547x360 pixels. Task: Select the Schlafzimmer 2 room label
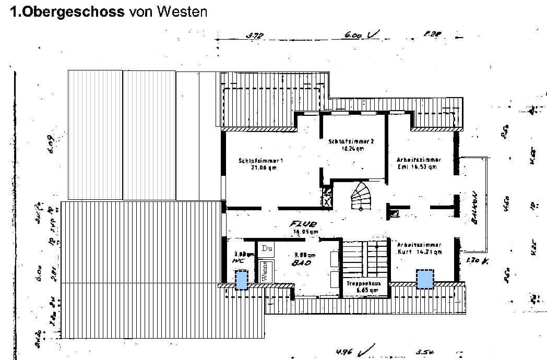pyautogui.click(x=351, y=145)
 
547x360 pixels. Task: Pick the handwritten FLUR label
pyautogui.click(x=301, y=224)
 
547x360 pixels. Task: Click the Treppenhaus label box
pyautogui.click(x=363, y=286)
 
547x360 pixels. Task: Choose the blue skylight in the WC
pyautogui.click(x=241, y=280)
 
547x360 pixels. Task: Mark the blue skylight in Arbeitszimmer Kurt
pyautogui.click(x=425, y=279)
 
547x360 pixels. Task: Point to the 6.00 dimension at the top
pyautogui.click(x=353, y=35)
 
